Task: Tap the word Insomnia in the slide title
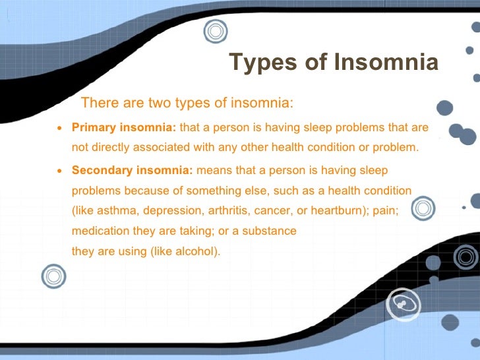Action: [x=386, y=63]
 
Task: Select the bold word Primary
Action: [x=94, y=127]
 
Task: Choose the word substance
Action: [x=272, y=231]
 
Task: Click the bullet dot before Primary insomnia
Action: [x=60, y=128]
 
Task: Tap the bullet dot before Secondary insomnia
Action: [x=60, y=171]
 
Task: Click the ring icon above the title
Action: [x=215, y=30]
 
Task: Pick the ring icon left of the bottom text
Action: [x=53, y=276]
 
